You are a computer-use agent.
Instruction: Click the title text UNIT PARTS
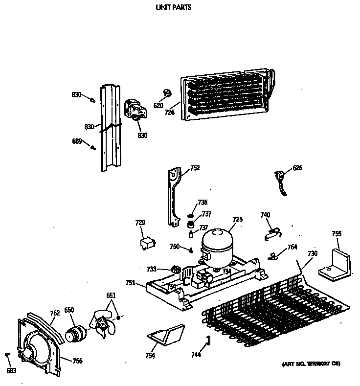click(x=173, y=8)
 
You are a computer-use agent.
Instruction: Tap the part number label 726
click(x=169, y=112)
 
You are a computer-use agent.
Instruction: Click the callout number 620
click(x=158, y=105)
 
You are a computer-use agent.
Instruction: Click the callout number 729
click(x=140, y=223)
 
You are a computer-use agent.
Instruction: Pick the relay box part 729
click(x=146, y=243)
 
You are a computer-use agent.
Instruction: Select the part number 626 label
click(x=297, y=168)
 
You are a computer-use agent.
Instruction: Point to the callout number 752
click(x=195, y=168)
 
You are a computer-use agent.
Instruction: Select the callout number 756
click(x=77, y=361)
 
